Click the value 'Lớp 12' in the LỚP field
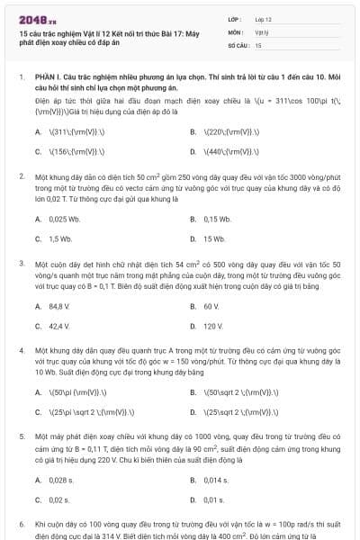pyautogui.click(x=264, y=18)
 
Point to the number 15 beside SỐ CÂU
pyautogui.click(x=258, y=44)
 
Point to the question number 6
pyautogui.click(x=21, y=522)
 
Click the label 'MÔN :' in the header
pyautogui.click(x=235, y=31)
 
